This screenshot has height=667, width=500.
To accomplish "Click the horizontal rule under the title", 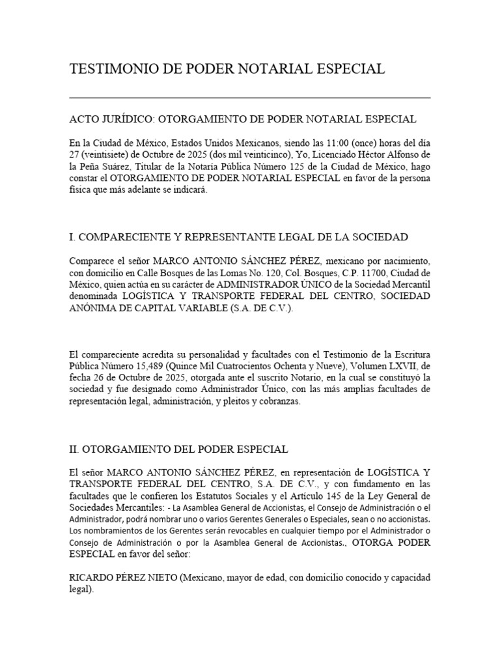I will pos(249,98).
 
